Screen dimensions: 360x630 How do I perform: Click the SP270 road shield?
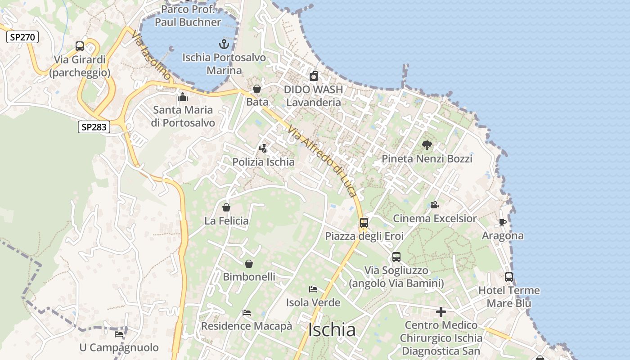pos(22,37)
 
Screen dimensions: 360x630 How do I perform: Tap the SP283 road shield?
pos(94,127)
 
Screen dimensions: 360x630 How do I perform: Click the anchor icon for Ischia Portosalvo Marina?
pos(224,44)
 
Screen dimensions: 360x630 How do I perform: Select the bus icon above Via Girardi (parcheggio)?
pos(80,46)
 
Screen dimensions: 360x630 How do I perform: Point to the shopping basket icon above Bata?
pos(257,89)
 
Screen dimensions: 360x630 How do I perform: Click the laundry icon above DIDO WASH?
pos(314,76)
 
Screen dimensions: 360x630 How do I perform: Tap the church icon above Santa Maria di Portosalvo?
pos(183,97)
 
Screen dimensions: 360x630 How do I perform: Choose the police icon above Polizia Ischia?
pos(263,148)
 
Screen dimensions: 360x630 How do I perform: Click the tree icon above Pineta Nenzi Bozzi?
pos(427,145)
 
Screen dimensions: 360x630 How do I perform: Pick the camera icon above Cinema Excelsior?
pos(434,205)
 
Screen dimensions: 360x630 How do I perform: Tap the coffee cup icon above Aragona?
pos(503,222)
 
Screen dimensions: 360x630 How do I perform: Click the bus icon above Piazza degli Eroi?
pos(364,222)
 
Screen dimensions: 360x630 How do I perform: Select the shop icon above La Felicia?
pos(226,207)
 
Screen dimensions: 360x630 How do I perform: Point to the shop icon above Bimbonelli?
pos(249,264)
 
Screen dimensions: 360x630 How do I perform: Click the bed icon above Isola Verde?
pos(313,289)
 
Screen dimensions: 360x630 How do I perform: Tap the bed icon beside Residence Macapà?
pos(247,312)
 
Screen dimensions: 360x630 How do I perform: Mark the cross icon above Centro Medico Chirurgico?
pos(441,311)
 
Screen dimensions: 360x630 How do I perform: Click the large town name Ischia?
pos(332,330)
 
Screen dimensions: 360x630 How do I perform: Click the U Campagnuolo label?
pos(119,347)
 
